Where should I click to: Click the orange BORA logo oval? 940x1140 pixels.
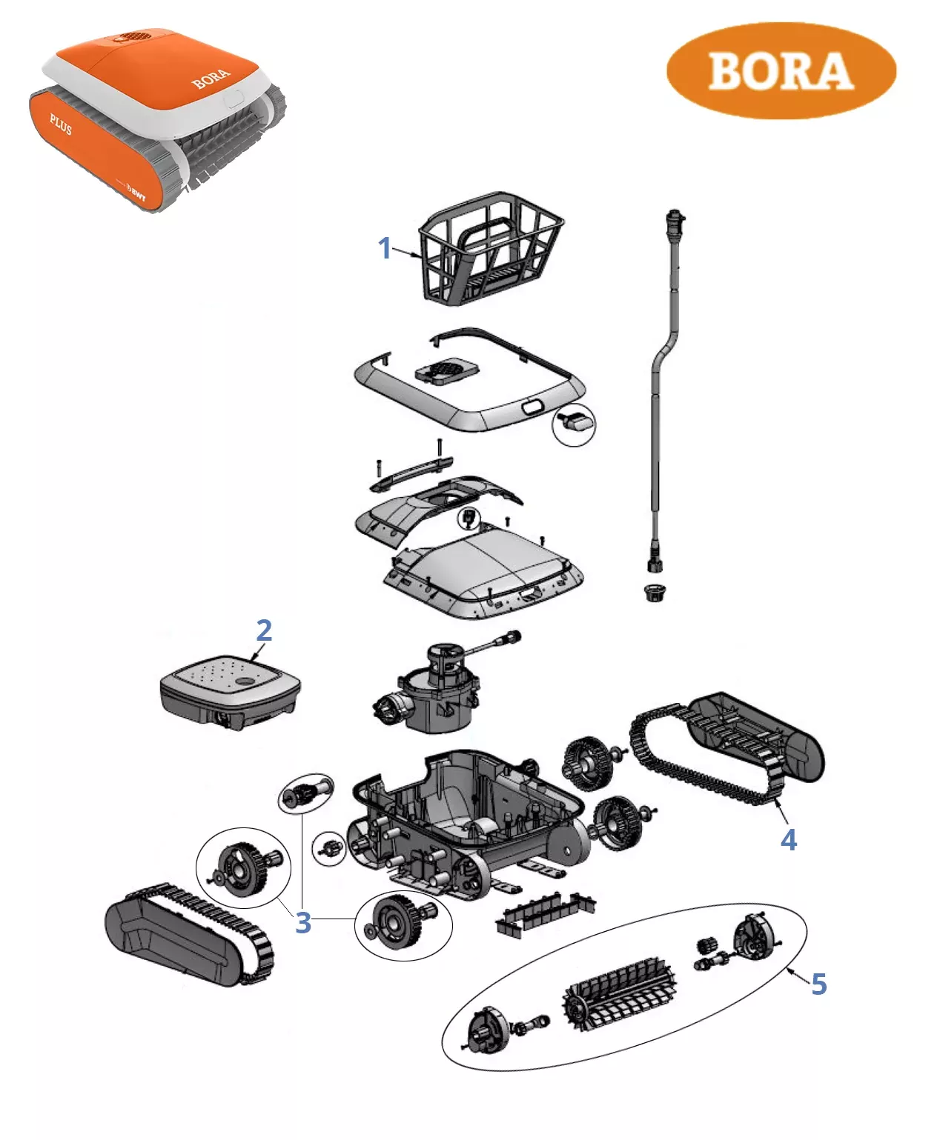781,70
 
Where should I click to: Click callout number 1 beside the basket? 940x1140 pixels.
384,248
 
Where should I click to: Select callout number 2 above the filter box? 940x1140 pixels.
264,631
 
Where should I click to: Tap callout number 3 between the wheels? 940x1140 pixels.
302,923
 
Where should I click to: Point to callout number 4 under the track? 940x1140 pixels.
788,840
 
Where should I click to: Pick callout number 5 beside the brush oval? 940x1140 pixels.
818,984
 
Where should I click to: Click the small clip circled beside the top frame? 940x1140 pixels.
575,424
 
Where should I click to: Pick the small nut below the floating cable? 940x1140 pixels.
654,593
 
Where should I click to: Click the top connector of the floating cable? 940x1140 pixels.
675,220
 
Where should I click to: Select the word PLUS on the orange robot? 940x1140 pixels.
61,124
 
